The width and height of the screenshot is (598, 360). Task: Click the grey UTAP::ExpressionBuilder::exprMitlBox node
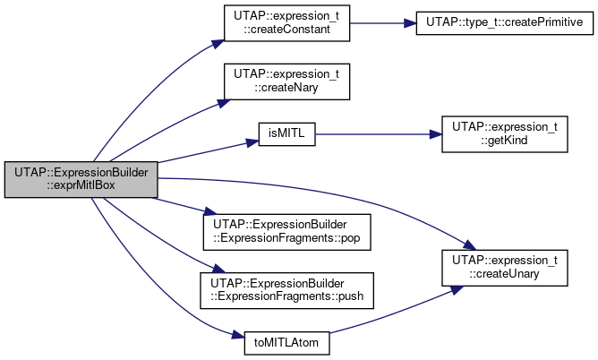click(81, 180)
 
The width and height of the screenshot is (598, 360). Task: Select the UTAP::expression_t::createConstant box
click(286, 23)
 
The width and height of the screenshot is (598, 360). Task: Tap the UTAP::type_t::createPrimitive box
click(505, 23)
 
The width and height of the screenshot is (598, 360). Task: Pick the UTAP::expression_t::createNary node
click(286, 81)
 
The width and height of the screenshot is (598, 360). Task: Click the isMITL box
click(286, 134)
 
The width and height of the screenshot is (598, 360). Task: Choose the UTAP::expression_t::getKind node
click(505, 134)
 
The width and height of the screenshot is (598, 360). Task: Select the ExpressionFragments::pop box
click(286, 232)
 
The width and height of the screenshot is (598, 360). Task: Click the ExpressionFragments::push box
click(286, 290)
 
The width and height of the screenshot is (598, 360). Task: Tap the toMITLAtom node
click(286, 343)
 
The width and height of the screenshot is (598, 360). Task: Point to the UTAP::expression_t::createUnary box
click(505, 268)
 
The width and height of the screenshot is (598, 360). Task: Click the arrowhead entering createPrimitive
click(410, 23)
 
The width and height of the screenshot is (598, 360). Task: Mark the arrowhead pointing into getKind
click(436, 134)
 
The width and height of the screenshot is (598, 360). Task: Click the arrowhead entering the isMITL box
click(252, 142)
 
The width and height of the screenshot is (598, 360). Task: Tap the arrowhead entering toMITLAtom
click(238, 336)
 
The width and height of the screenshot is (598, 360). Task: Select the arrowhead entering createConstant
click(218, 44)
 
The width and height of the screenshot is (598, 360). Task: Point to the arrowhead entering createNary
click(224, 103)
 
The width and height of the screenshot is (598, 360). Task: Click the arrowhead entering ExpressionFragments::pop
click(210, 211)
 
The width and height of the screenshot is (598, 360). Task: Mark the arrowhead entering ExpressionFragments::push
click(219, 269)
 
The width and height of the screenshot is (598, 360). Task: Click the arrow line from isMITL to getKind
click(372, 134)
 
